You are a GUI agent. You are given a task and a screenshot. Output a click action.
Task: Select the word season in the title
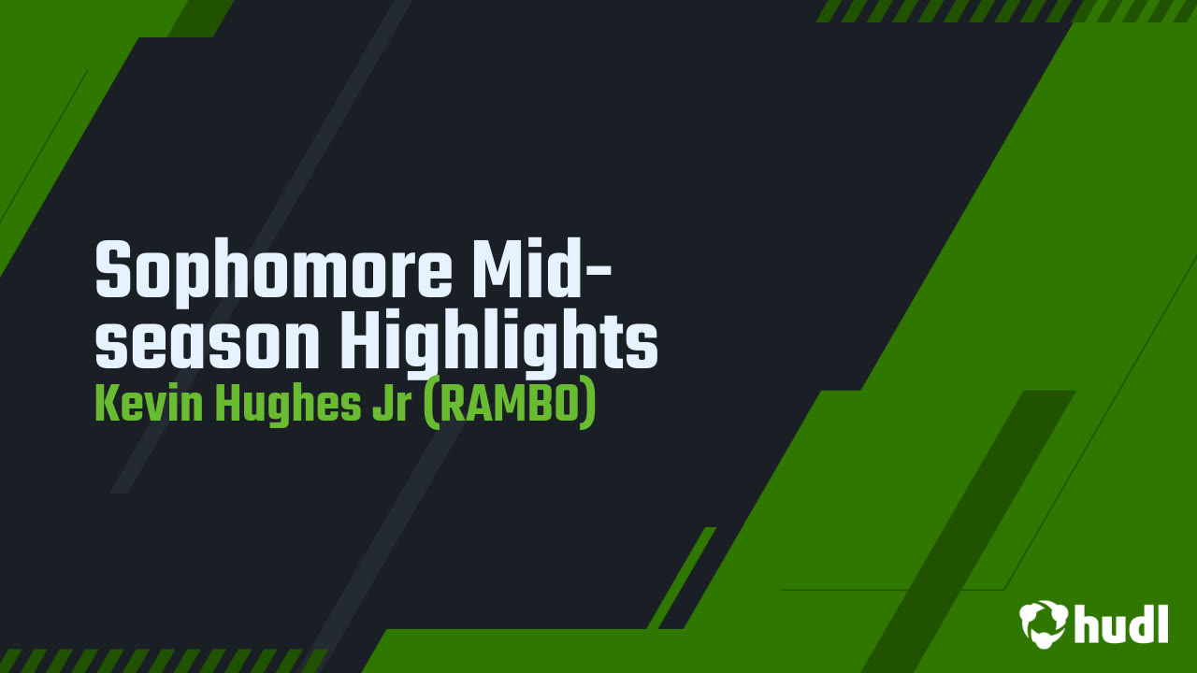208,342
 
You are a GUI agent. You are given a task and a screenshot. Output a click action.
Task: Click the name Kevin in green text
149,405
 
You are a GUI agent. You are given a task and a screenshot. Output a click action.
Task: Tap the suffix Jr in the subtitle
392,405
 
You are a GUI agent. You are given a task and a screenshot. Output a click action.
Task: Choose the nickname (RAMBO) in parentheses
510,405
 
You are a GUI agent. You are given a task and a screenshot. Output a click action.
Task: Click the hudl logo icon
1044,624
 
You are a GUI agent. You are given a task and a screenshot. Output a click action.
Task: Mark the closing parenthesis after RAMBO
588,405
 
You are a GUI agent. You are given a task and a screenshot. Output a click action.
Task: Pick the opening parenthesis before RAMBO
431,405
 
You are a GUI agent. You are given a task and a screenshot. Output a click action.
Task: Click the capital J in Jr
382,405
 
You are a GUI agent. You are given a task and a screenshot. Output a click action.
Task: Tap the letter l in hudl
1162,623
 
